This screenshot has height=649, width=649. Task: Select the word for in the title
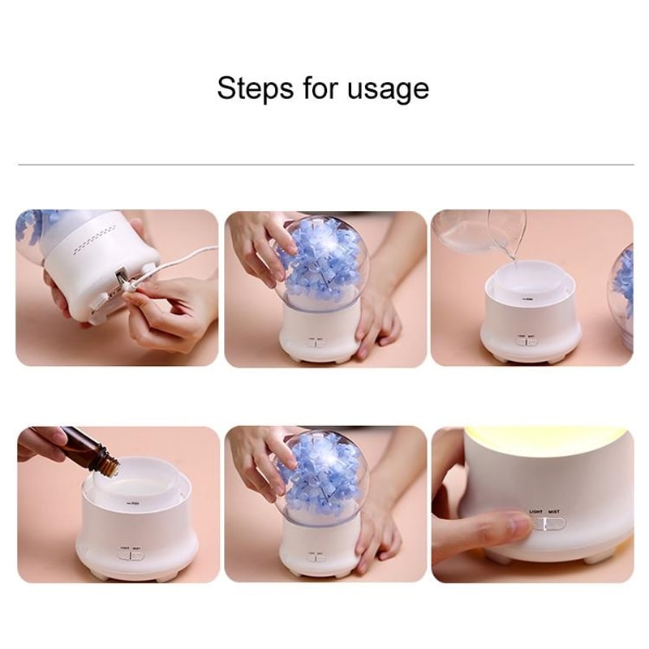pyautogui.click(x=321, y=88)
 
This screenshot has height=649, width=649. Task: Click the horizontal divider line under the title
pyautogui.click(x=324, y=165)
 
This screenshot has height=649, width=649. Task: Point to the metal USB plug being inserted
pyautogui.click(x=124, y=281)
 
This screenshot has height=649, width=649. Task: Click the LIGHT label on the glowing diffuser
pyautogui.click(x=535, y=512)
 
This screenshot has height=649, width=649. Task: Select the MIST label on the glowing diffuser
pyautogui.click(x=553, y=512)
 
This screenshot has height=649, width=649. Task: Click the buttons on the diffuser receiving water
pyautogui.click(x=526, y=341)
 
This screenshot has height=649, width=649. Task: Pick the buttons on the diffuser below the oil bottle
pyautogui.click(x=130, y=555)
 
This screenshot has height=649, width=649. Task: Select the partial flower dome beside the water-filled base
pyautogui.click(x=623, y=284)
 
